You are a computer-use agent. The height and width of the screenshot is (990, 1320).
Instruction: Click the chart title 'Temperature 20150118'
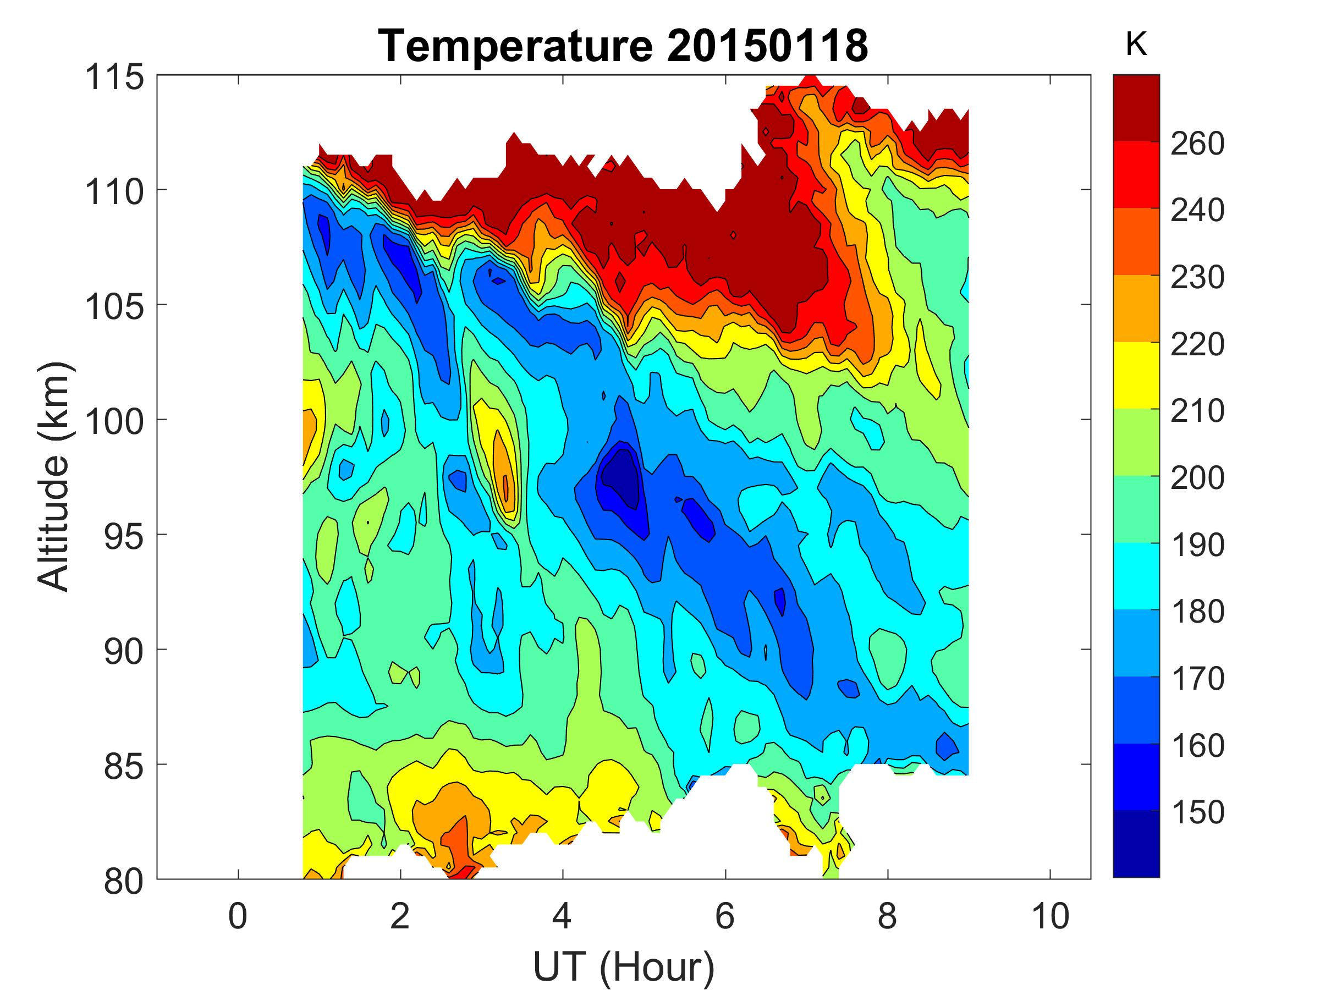623,46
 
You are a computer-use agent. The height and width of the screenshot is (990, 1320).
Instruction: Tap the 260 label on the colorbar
1197,143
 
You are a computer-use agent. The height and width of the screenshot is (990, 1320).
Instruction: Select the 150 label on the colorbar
1197,812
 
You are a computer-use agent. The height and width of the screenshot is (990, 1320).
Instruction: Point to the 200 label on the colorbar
1197,477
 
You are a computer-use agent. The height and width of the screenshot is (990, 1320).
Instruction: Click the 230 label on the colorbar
1197,277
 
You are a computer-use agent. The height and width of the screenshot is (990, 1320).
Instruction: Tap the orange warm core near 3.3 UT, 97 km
505,477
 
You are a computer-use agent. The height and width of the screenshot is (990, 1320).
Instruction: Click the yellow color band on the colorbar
1136,375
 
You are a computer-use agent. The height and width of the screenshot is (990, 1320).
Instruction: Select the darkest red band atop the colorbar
1136,107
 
